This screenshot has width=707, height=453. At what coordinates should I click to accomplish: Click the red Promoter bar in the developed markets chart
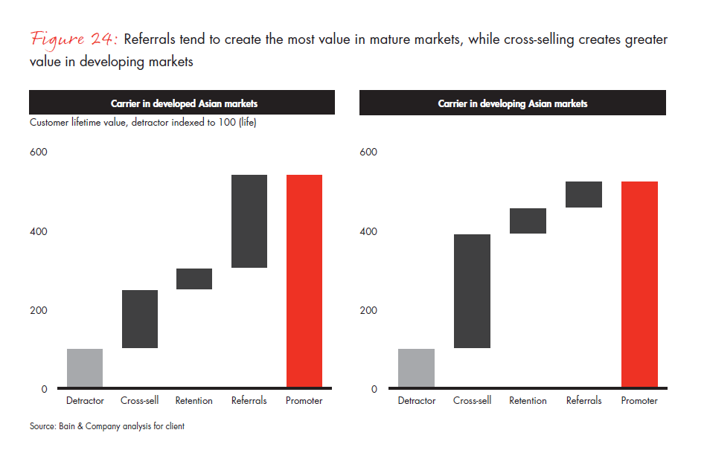click(x=304, y=281)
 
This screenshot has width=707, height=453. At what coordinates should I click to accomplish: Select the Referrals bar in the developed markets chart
click(x=249, y=221)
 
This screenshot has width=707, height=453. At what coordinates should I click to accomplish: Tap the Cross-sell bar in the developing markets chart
click(x=472, y=291)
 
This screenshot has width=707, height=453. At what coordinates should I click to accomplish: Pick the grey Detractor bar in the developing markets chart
click(x=417, y=368)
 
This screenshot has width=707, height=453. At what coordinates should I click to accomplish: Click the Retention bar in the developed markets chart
click(x=194, y=278)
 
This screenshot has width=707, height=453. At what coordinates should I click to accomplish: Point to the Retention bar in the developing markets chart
click(x=528, y=221)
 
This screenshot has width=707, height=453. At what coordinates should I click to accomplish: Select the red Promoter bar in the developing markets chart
click(x=640, y=284)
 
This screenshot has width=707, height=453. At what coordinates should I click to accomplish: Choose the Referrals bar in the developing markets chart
click(x=583, y=194)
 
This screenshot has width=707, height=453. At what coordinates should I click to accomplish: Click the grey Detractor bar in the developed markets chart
click(x=85, y=368)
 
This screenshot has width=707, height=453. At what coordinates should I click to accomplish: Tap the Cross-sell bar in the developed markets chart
click(x=139, y=319)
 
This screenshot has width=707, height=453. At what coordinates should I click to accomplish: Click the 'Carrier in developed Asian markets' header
click(x=182, y=103)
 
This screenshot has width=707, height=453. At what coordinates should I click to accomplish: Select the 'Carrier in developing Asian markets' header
click(x=513, y=103)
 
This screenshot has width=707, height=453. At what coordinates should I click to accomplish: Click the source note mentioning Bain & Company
click(x=107, y=426)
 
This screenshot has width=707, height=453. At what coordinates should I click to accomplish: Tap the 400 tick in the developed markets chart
click(x=38, y=231)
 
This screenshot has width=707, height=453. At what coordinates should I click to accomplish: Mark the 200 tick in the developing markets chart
click(x=368, y=310)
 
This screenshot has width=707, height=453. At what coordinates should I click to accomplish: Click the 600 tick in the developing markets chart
click(x=368, y=152)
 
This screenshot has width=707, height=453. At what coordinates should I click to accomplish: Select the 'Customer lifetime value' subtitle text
click(x=143, y=123)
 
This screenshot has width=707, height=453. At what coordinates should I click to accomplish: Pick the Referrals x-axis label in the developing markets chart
click(x=583, y=401)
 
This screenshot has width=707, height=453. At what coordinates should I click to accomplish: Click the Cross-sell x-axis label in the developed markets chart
click(x=139, y=401)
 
